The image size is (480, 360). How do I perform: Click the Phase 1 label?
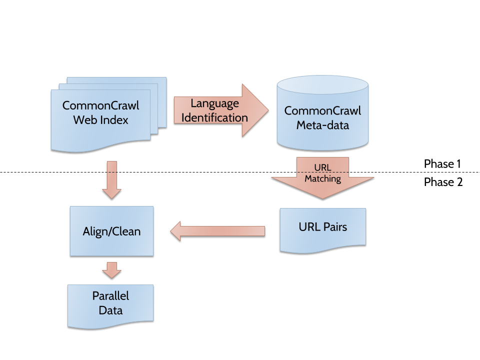point(442,163)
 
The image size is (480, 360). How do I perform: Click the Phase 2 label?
point(442,182)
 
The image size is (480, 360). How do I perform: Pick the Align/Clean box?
point(111,231)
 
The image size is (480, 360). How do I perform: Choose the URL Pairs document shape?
point(322,227)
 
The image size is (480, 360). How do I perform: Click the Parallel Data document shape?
point(110,303)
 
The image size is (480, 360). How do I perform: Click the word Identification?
point(214,118)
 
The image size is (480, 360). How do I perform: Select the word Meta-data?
point(322,125)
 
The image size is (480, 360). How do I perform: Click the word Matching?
point(322,178)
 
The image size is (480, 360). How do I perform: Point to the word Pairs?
point(334,227)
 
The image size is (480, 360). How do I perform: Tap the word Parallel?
point(110,295)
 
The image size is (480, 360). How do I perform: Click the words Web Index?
point(100,120)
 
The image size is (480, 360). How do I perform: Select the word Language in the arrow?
point(214,104)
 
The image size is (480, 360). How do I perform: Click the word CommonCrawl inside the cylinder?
point(322,111)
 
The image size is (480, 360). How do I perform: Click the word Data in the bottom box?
point(110,310)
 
